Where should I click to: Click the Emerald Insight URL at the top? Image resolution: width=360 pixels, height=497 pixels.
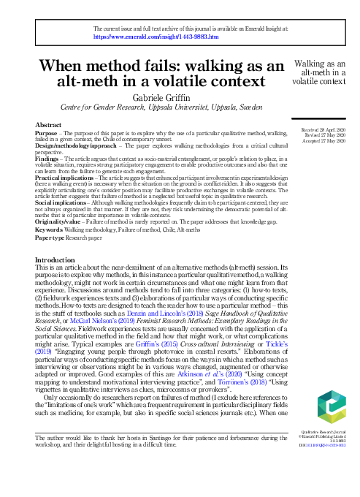(x=137, y=35)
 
